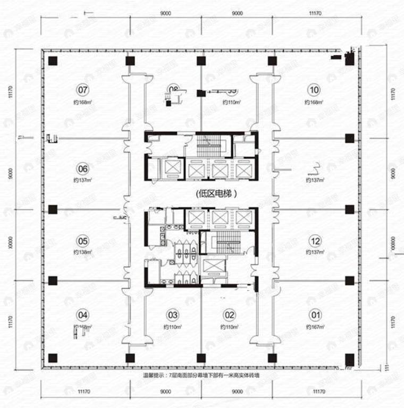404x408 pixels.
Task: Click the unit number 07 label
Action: pos(82,89)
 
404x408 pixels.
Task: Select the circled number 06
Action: pos(82,169)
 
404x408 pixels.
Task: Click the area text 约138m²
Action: pos(83,252)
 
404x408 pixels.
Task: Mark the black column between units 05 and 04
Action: pos(53,280)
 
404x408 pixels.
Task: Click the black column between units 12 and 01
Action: pos(349,280)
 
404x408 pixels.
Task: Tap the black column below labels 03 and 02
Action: pos(200,357)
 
